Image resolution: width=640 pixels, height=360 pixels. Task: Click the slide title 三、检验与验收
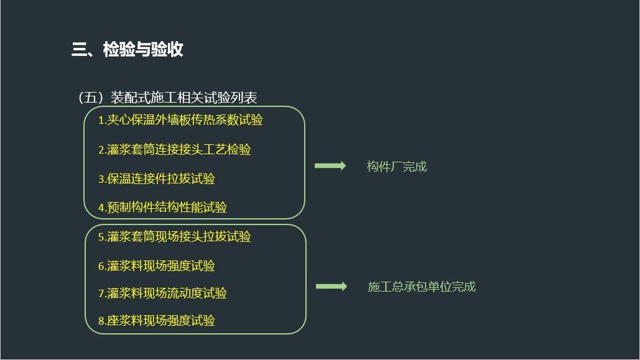[x=127, y=49]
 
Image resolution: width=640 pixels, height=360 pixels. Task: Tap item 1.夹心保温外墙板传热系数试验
[x=180, y=120]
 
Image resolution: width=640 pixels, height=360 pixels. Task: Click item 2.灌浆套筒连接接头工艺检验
[x=174, y=150]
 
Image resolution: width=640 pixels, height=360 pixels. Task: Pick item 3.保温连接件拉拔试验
[x=156, y=179]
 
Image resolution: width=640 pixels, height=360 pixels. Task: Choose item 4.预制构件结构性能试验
[x=162, y=208]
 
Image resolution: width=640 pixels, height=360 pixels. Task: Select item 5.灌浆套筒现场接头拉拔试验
[x=174, y=237]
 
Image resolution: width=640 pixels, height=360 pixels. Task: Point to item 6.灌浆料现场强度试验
[x=156, y=266]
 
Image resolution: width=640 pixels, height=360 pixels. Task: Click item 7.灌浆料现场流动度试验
[x=162, y=293]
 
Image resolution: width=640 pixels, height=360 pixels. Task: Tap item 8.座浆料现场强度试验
[x=156, y=321]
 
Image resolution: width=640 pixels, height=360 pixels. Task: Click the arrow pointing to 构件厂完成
[x=330, y=166]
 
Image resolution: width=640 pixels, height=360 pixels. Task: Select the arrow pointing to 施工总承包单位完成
[x=331, y=287]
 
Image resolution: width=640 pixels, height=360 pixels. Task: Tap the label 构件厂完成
[x=397, y=167]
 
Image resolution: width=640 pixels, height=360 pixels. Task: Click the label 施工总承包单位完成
[x=422, y=287]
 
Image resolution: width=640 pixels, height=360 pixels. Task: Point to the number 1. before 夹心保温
[x=102, y=121]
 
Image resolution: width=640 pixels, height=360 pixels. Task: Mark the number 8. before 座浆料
[x=102, y=321]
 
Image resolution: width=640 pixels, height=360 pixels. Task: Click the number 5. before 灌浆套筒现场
[x=102, y=238]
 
